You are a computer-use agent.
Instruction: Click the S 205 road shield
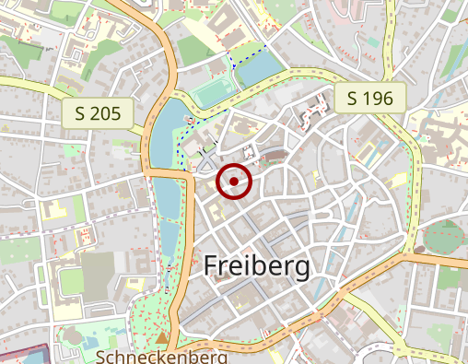pos(99,113)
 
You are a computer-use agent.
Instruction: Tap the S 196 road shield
pos(369,98)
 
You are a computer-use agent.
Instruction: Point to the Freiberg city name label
pos(256,265)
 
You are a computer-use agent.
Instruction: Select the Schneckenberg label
pos(161,356)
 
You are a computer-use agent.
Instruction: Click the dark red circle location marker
pos(234,182)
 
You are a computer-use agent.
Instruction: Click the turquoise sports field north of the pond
pos(213,93)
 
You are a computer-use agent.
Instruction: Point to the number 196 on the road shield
pos(378,98)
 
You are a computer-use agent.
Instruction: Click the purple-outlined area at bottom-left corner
pos(23,355)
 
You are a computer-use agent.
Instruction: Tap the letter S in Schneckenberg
pos(100,356)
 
